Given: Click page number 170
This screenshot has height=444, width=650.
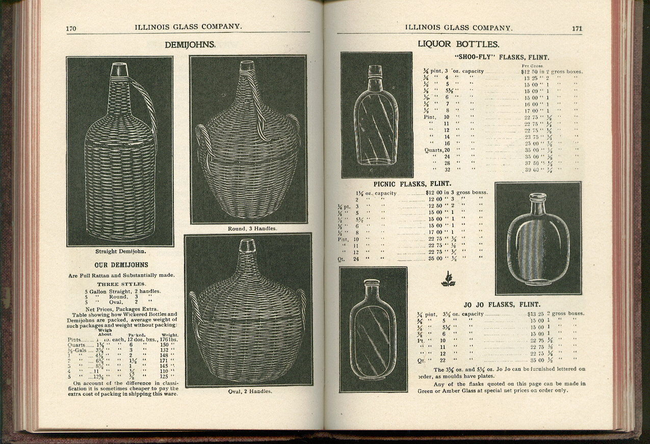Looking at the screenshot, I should click(71, 29).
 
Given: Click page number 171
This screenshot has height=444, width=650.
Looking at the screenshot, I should click(577, 29).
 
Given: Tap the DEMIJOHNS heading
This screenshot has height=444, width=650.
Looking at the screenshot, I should click(190, 45).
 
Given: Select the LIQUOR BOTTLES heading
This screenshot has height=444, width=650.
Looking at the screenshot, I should click(458, 44).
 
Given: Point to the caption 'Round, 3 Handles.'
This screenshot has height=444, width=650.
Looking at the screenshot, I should click(252, 229).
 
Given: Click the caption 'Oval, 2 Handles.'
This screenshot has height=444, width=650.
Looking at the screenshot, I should click(250, 391).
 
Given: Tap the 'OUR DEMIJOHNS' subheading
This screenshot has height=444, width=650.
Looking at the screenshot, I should click(121, 265).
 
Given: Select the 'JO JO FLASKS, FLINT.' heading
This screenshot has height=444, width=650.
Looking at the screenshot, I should click(502, 305).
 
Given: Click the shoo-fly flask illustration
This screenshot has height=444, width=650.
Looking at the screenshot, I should click(376, 115).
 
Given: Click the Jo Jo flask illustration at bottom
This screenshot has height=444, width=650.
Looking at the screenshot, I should click(373, 329).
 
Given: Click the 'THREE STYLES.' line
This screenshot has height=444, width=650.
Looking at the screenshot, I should click(121, 284).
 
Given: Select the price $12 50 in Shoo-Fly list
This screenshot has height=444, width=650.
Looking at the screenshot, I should click(524, 71).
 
